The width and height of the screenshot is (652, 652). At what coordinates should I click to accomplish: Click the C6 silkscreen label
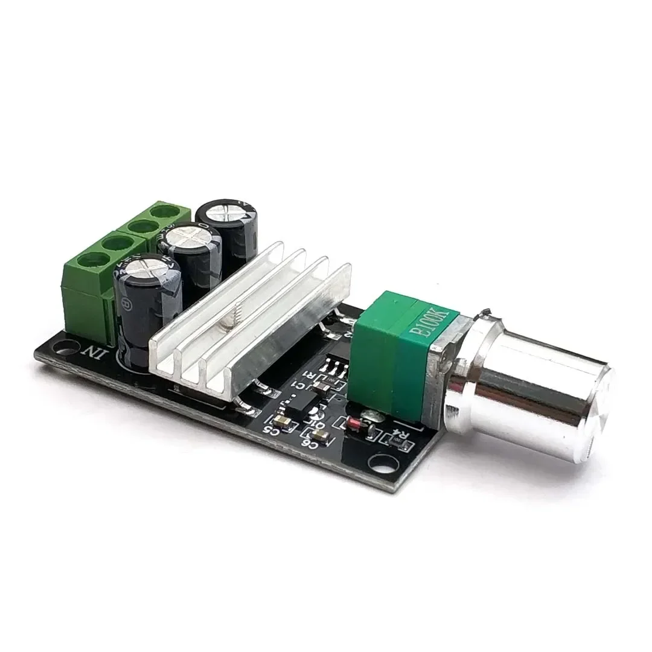tap(309, 444)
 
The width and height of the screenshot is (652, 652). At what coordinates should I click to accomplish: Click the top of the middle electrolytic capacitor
tap(189, 237)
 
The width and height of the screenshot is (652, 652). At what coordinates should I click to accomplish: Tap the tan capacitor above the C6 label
tap(321, 434)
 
